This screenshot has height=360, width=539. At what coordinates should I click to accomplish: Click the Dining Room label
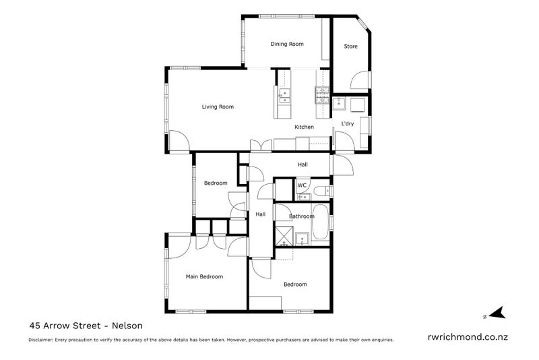(287, 44)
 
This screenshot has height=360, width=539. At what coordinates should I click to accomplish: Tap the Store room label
(350, 47)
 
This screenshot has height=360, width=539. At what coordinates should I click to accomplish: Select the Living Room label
(218, 107)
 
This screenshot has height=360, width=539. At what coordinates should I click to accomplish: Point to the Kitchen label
(304, 127)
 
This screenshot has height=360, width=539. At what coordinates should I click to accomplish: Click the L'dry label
(348, 124)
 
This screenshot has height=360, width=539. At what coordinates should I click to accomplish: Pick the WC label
(303, 185)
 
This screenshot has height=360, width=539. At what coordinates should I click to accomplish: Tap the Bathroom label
(301, 216)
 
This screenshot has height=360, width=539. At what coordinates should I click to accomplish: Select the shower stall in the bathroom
(283, 237)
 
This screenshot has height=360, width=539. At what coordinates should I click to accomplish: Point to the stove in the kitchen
(321, 94)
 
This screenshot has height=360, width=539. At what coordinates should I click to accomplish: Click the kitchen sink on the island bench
(285, 96)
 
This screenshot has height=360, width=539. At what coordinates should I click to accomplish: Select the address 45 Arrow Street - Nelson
(86, 324)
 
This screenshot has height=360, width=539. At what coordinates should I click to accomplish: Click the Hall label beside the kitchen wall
(303, 164)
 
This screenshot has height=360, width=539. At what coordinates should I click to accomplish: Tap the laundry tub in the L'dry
(339, 104)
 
